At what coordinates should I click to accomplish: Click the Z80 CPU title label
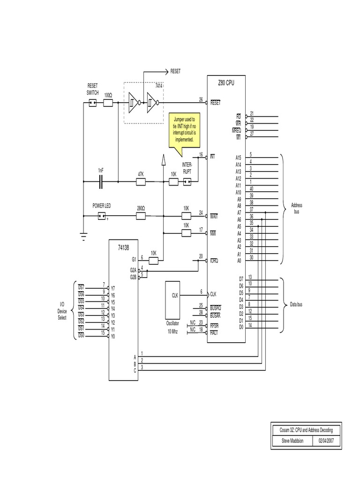(x=226, y=83)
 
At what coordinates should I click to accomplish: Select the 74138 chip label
(x=124, y=247)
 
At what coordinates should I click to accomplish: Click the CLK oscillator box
(x=175, y=295)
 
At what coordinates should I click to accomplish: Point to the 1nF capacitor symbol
(x=101, y=182)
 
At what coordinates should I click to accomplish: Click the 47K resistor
(x=141, y=182)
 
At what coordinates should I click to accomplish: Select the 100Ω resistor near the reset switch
(x=108, y=103)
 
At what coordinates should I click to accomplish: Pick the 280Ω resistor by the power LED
(x=140, y=216)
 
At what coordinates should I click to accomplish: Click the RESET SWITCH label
(x=93, y=89)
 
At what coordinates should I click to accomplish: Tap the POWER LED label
(x=102, y=206)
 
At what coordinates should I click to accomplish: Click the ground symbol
(x=84, y=237)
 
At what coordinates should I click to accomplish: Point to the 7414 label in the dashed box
(x=159, y=87)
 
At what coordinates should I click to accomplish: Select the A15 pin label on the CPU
(x=238, y=158)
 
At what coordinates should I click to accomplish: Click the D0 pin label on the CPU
(x=241, y=327)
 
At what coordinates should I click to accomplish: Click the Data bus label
(x=296, y=305)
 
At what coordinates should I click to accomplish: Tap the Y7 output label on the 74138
(x=112, y=289)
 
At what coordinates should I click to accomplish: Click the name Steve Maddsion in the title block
(x=293, y=441)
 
